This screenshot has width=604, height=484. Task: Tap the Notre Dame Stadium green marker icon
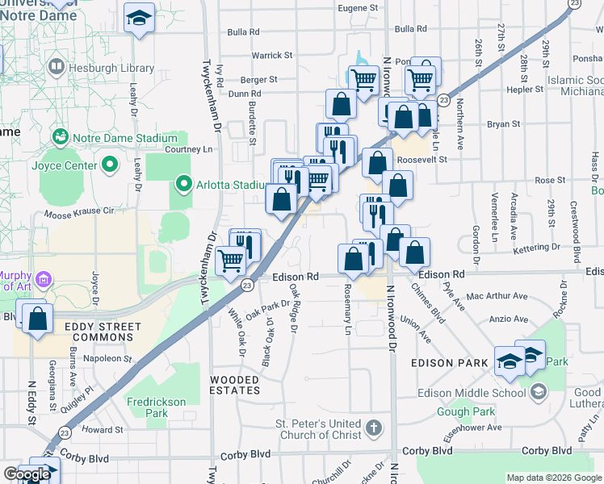click(x=59, y=138)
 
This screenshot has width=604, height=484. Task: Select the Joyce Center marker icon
click(x=111, y=166)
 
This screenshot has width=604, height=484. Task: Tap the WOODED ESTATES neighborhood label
click(x=235, y=384)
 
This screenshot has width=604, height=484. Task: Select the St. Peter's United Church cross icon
click(x=374, y=427)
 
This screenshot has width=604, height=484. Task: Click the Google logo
click(x=27, y=474)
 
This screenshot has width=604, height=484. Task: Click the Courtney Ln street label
click(x=188, y=149)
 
